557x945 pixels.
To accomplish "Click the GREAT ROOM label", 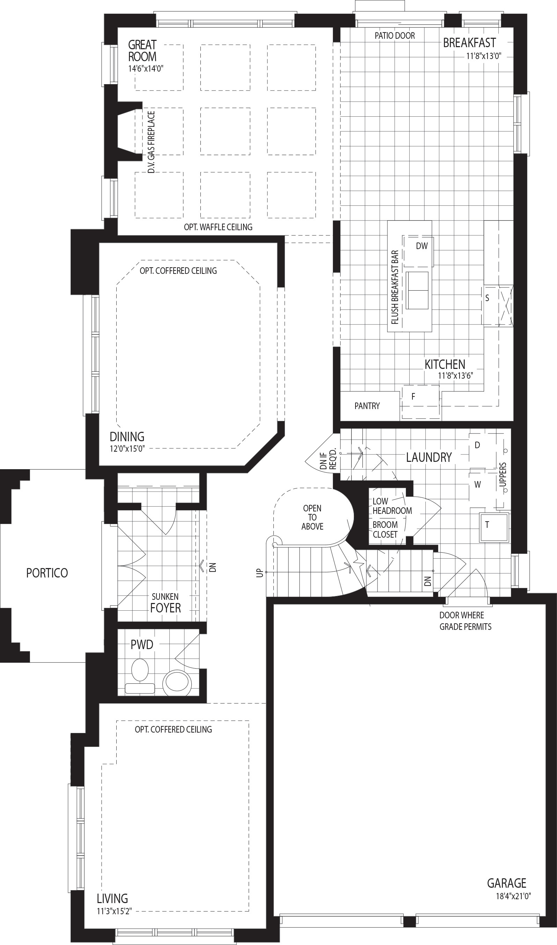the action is [142, 51].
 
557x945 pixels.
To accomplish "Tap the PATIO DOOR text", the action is [395, 36].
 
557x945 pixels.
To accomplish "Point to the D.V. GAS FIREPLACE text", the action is [151, 142].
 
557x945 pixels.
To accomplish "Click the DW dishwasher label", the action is [422, 246].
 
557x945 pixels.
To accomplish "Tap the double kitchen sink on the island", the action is [417, 290].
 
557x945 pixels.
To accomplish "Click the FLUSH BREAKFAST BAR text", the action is [395, 287].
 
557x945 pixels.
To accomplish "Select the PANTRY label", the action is [367, 406].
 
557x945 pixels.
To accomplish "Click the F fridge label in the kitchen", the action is [413, 397].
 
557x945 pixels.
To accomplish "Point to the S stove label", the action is [487, 298].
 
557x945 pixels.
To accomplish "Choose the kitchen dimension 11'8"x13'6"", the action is [455, 376].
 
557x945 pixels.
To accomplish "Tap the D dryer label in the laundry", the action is [477, 445].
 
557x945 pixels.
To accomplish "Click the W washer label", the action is [477, 484].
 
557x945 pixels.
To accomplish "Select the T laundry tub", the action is [494, 527].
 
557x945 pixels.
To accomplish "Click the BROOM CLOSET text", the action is [385, 529].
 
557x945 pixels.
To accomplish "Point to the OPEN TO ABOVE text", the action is [312, 517].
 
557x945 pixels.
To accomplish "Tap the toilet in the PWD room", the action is [140, 675].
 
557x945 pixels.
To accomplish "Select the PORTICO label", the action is [47, 573].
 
